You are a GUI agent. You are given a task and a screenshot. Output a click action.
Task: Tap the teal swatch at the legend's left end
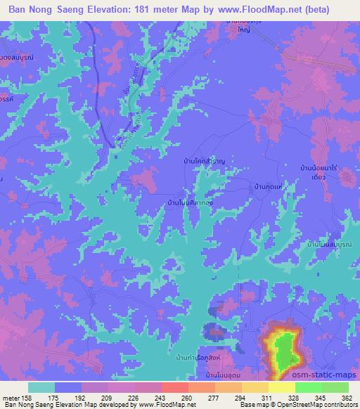coord(42,387)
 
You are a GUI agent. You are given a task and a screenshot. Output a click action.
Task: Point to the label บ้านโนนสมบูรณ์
coord(330,244)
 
